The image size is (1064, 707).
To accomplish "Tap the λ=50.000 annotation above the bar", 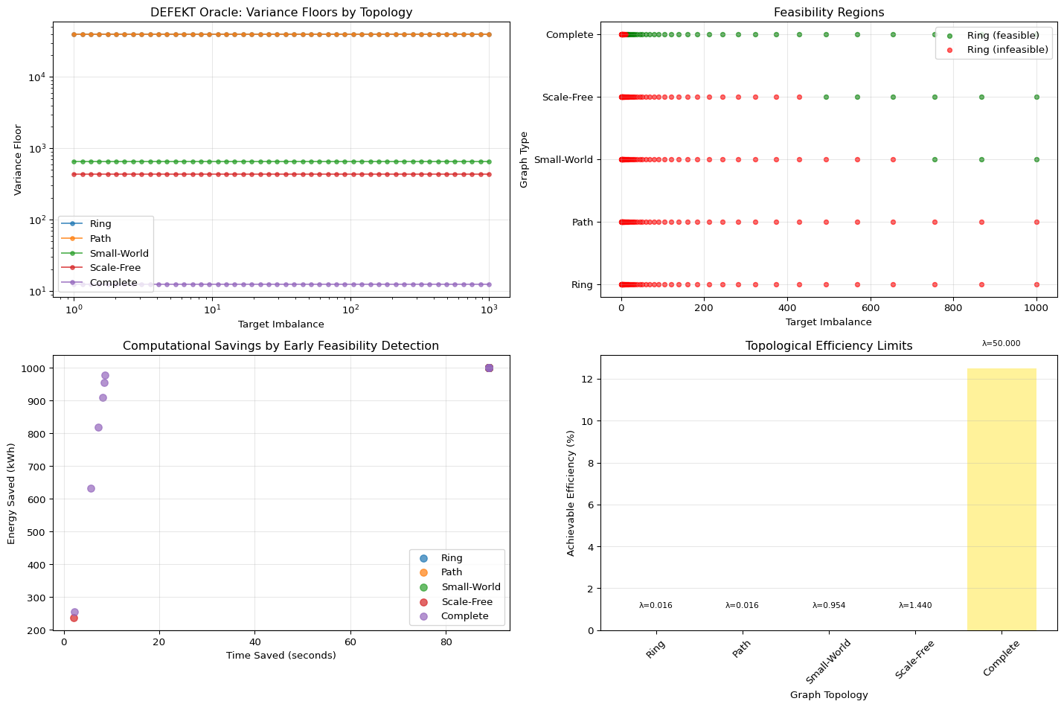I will click(1001, 343).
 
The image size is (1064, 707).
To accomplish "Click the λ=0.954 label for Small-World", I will click(829, 605).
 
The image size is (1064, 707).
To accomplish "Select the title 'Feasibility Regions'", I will click(829, 12).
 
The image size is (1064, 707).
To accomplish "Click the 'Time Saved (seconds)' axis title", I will click(281, 656).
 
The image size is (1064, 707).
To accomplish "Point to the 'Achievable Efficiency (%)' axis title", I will click(571, 493).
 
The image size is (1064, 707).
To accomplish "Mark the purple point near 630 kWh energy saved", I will click(91, 488).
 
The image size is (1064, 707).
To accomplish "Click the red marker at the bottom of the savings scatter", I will click(74, 618).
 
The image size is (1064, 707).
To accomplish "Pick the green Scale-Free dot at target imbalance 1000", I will click(1036, 97).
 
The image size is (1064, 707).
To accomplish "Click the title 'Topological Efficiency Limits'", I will click(829, 346).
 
